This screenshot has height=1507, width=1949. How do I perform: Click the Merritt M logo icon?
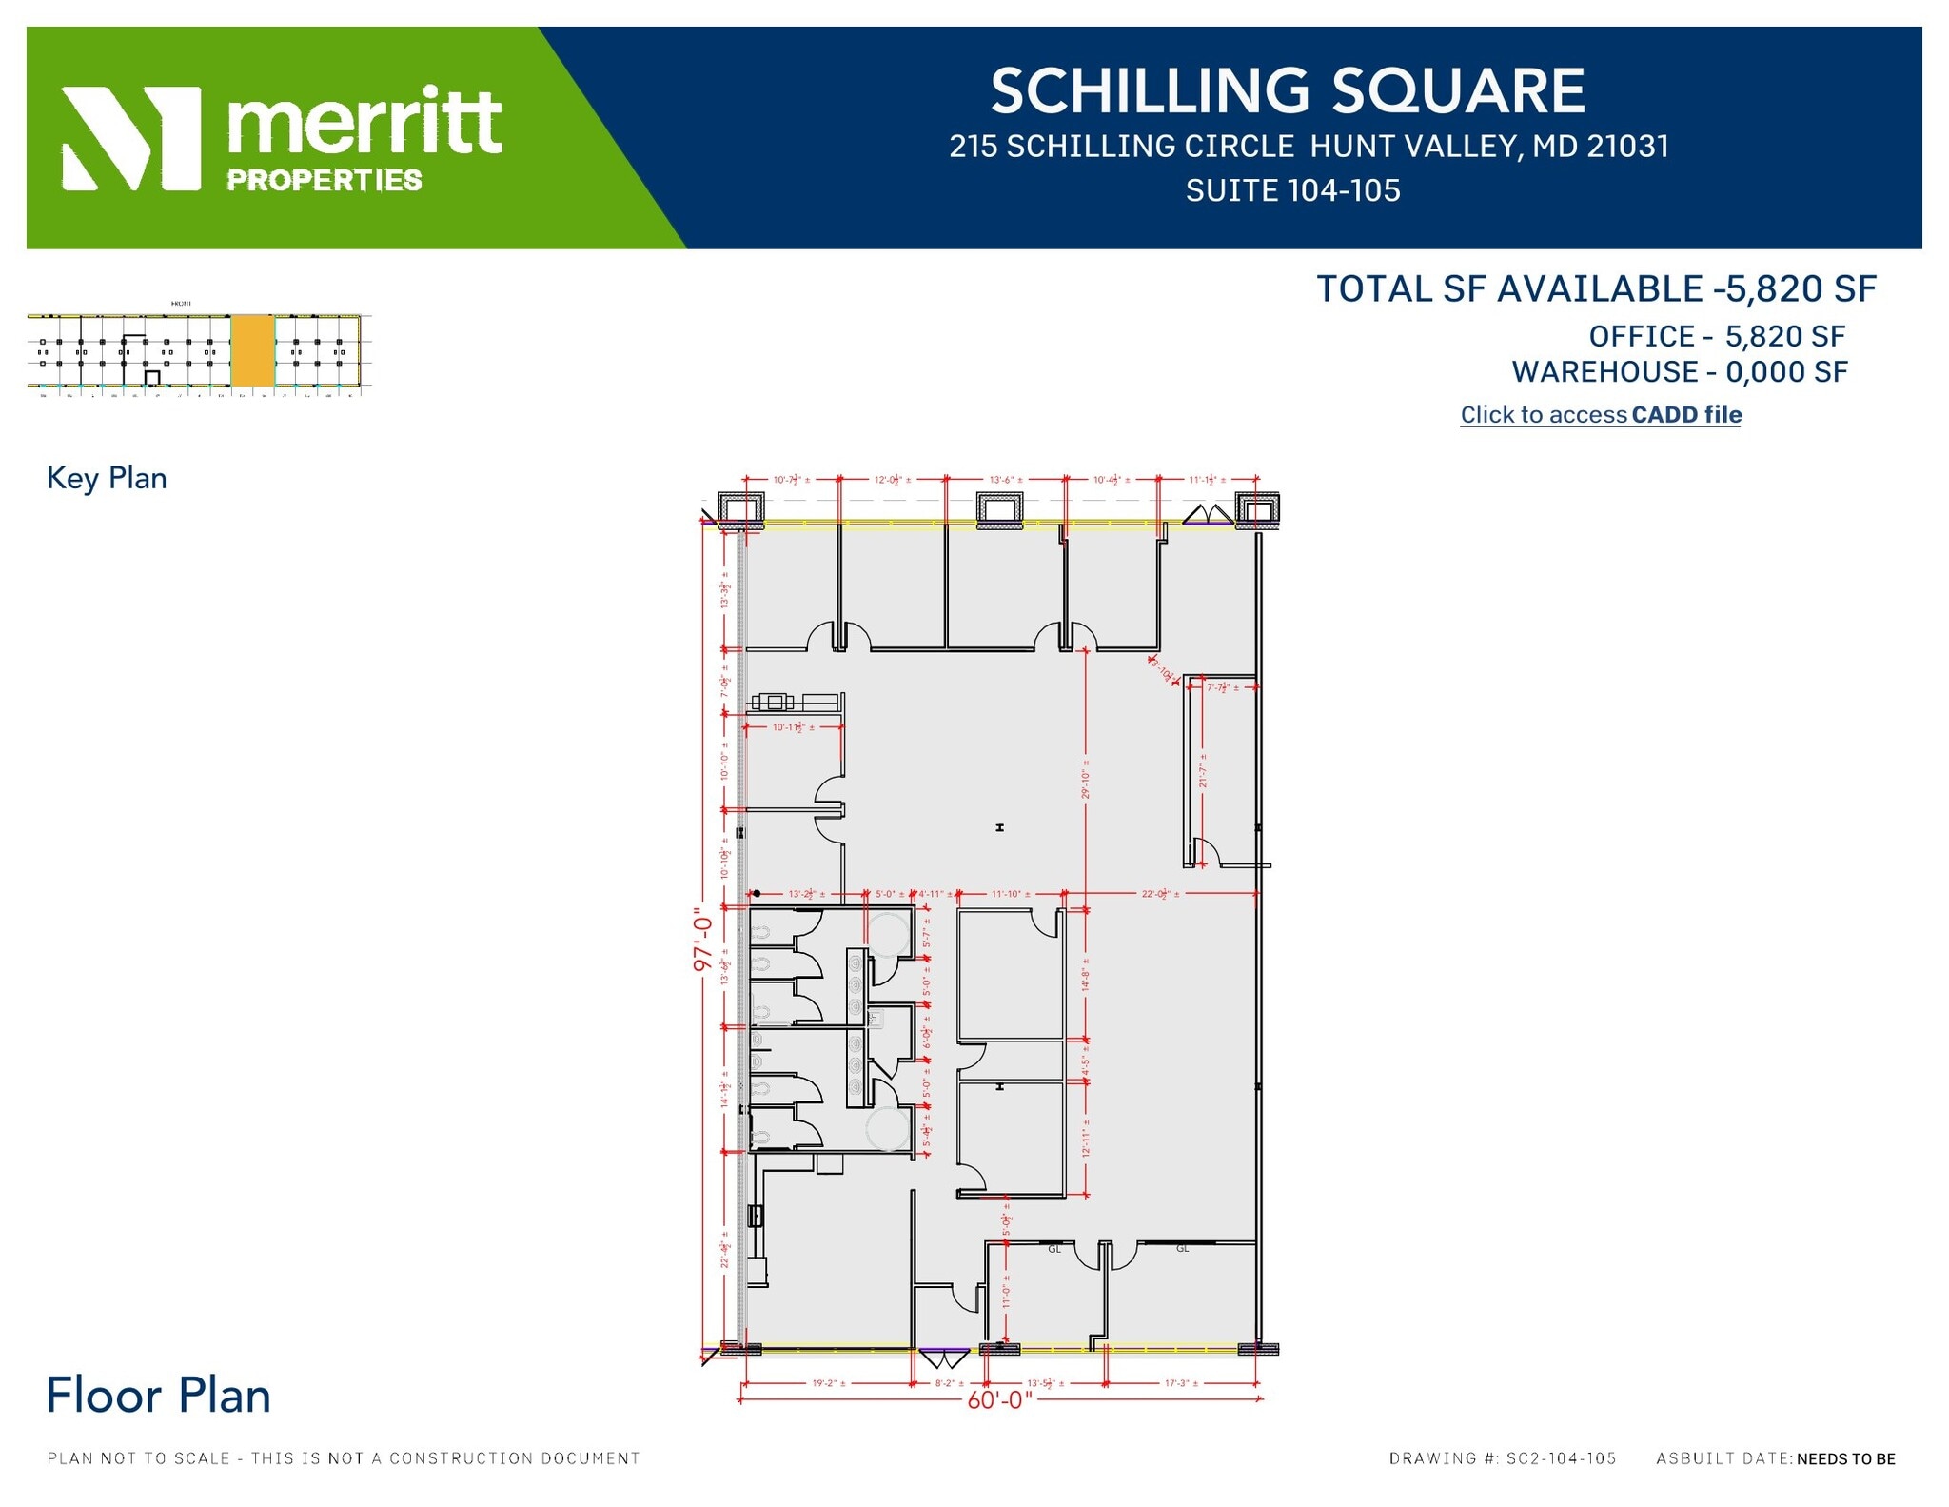(x=131, y=138)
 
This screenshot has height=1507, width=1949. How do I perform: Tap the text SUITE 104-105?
(x=1292, y=190)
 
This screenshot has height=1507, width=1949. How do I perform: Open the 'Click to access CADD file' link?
(x=1601, y=414)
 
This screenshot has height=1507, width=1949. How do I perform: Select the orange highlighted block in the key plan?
(x=253, y=349)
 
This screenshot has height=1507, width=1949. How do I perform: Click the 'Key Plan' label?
(x=107, y=478)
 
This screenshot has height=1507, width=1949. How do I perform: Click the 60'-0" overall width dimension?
(x=999, y=1399)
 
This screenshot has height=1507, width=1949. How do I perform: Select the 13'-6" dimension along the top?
(x=1006, y=480)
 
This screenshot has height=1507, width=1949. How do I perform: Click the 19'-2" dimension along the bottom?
(x=828, y=1383)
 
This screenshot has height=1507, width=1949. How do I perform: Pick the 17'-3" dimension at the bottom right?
(x=1181, y=1383)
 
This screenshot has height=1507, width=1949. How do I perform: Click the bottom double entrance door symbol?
(x=944, y=1358)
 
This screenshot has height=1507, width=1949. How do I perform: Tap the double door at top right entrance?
(x=1208, y=515)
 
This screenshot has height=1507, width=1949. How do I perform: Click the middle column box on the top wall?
(x=999, y=509)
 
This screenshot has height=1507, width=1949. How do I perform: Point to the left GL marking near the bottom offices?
(x=1054, y=1249)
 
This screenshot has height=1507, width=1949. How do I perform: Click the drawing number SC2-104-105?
(x=1561, y=1458)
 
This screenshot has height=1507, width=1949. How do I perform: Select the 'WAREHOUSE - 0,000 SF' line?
(x=1680, y=372)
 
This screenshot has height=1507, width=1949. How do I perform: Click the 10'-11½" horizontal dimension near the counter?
(x=793, y=727)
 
